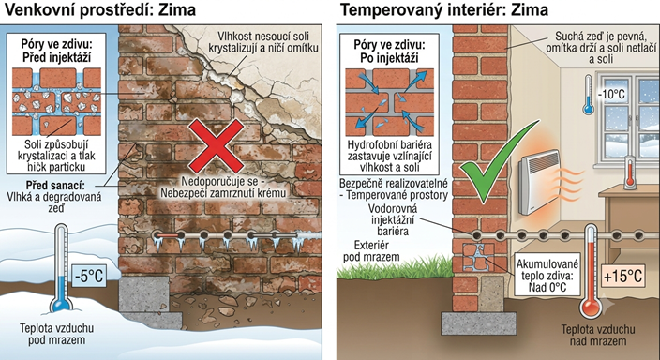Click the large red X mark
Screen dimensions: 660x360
pyautogui.click(x=216, y=145)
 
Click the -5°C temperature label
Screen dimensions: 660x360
pyautogui.click(x=89, y=277)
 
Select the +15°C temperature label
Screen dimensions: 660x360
pyautogui.click(x=622, y=276)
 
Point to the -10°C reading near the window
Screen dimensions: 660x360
pyautogui.click(x=611, y=94)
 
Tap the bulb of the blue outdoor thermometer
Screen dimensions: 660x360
pyautogui.click(x=61, y=302)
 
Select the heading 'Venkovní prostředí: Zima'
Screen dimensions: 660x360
pyautogui.click(x=99, y=9)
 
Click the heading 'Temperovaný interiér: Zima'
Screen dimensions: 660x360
pyautogui.click(x=444, y=9)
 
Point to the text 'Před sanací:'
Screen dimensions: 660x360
pyautogui.click(x=55, y=186)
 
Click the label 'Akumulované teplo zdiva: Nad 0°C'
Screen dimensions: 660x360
pyautogui.click(x=547, y=276)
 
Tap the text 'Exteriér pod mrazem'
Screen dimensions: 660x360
pyautogui.click(x=371, y=251)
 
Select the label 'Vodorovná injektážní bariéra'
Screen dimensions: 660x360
pyautogui.click(x=393, y=219)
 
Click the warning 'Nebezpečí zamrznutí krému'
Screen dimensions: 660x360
pyautogui.click(x=223, y=193)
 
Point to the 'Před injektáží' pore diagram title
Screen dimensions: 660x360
pyautogui.click(x=56, y=56)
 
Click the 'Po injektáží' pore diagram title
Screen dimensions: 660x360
pyautogui.click(x=389, y=58)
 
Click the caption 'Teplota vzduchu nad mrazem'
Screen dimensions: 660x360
pyautogui.click(x=598, y=335)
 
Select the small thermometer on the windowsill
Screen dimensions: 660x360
pyautogui.click(x=630, y=172)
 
